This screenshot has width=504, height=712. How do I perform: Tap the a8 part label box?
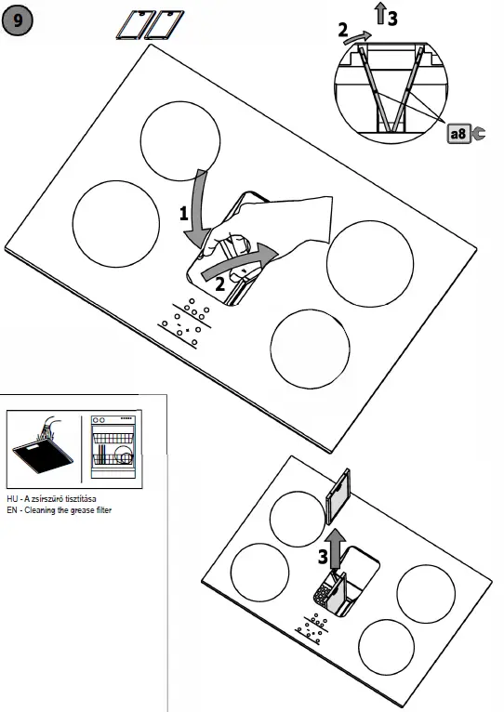click(x=458, y=134)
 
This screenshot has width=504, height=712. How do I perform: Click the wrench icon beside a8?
click(x=479, y=134)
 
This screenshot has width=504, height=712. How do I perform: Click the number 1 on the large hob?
click(x=185, y=213)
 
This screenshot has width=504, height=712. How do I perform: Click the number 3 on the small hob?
click(x=322, y=558)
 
